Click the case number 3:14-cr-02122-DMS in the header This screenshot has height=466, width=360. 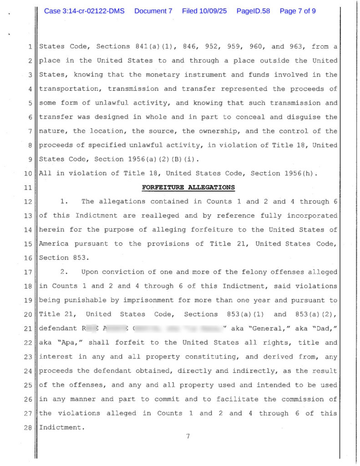(84, 11)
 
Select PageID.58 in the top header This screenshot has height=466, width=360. (251, 11)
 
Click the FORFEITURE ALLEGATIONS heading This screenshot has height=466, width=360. (188, 187)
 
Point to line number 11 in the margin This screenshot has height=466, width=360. (28, 187)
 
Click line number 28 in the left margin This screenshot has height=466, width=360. (28, 427)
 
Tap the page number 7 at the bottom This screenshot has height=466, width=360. (188, 437)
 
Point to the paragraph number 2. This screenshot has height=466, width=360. (64, 272)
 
